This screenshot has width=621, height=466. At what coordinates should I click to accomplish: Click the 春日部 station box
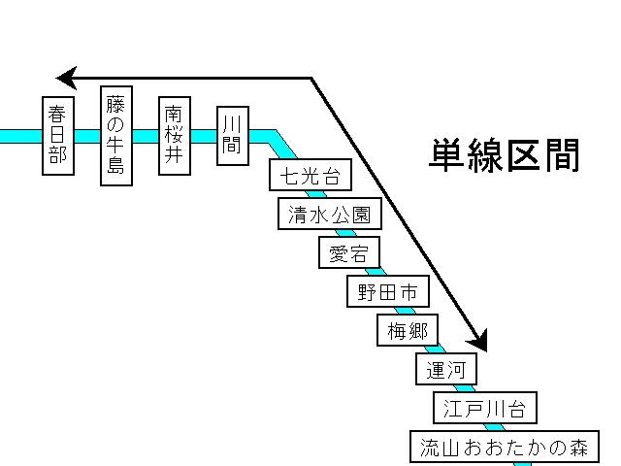pos(58,135)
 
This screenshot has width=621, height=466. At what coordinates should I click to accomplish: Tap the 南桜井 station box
pos(174,135)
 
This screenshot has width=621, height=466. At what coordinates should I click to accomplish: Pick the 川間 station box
pos(231,135)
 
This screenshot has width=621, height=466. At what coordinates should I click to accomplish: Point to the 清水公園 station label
pos(329,214)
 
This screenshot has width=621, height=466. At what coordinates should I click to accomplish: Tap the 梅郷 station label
pos(407,330)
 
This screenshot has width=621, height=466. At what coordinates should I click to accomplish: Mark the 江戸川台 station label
pos(485,409)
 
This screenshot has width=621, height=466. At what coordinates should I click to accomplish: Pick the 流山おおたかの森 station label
pos(505,448)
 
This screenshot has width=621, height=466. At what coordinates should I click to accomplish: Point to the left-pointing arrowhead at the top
pos(66,78)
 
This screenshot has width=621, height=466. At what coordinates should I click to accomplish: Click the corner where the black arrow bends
pos(311,78)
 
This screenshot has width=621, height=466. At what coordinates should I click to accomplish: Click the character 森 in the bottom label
pos(579,448)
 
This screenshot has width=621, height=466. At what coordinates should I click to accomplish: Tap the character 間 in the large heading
pos(562,155)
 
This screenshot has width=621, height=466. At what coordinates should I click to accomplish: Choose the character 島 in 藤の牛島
pos(114,166)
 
